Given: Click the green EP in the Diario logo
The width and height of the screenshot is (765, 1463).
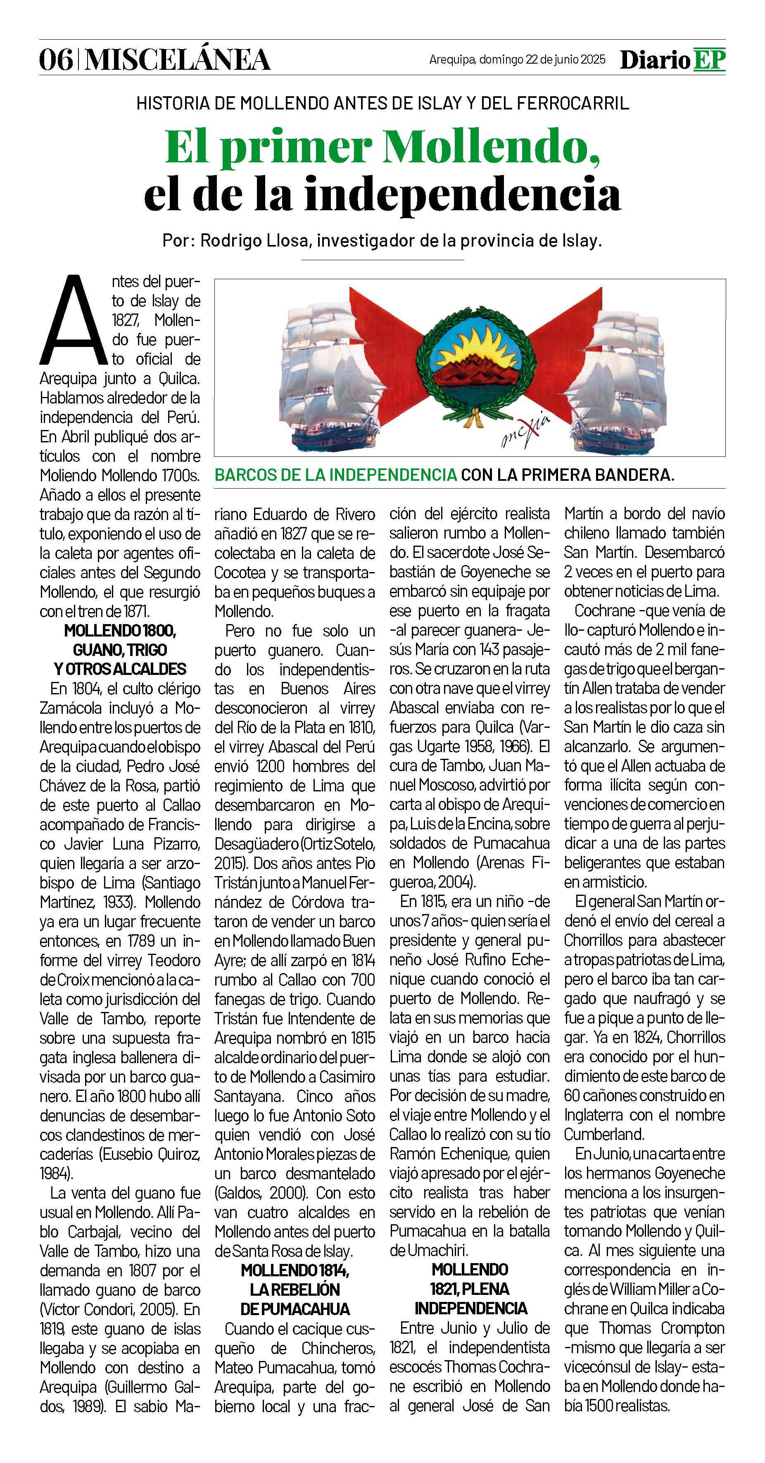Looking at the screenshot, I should tap(709, 59).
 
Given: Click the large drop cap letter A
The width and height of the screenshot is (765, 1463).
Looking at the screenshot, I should tap(73, 321).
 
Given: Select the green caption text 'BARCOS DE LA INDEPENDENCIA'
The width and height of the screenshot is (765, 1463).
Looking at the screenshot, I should tap(335, 475).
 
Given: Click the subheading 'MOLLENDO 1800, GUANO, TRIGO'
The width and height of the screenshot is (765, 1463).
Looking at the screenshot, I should tap(120, 640).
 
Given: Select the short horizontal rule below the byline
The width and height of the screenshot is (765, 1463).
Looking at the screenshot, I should tap(382, 259).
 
